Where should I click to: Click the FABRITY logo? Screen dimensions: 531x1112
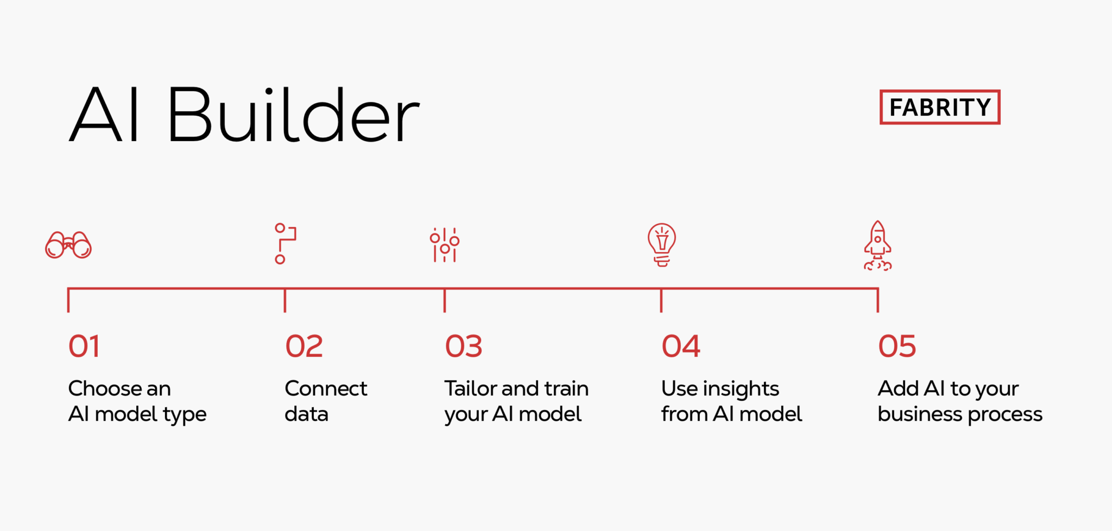coord(939,107)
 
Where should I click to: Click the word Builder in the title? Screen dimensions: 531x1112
coord(293,115)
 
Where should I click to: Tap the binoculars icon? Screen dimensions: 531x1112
coord(68,245)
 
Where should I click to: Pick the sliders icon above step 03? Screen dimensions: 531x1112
coord(445,245)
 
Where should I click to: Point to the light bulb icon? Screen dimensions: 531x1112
coord(661,244)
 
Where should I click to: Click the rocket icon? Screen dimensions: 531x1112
coord(877,245)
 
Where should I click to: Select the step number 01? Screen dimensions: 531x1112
coord(84,346)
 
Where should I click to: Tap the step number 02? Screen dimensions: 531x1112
coord(304,346)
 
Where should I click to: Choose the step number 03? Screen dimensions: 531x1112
coord(464,346)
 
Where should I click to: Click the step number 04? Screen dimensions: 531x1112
coord(681,346)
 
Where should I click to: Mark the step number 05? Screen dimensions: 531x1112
coord(897,346)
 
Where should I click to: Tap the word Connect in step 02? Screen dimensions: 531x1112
coord(326,389)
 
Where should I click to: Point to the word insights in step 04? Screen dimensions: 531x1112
coord(741,389)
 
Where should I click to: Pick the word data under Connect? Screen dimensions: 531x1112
coord(306,414)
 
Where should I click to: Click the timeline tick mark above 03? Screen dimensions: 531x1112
coord(445,300)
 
